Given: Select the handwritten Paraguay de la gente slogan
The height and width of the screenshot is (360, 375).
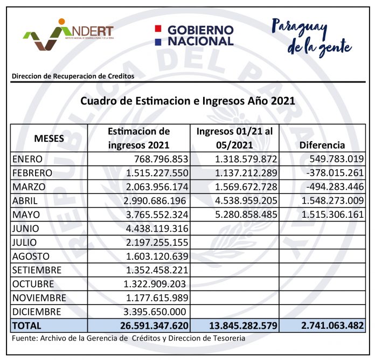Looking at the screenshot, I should [311, 36].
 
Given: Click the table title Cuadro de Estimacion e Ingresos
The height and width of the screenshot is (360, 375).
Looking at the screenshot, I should [188, 101].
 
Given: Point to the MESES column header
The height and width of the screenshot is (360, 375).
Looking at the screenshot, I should [49, 138].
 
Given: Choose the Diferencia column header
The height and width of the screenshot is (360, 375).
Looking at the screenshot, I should [322, 145].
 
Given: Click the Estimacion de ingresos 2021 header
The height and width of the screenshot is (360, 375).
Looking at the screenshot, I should [139, 138].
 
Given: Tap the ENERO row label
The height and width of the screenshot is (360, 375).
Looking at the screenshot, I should [27, 160].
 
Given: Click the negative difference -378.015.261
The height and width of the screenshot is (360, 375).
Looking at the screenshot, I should [333, 174].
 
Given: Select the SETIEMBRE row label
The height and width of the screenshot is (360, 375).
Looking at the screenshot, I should [37, 270].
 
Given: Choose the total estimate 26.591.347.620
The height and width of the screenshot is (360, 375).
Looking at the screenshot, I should [148, 326].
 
